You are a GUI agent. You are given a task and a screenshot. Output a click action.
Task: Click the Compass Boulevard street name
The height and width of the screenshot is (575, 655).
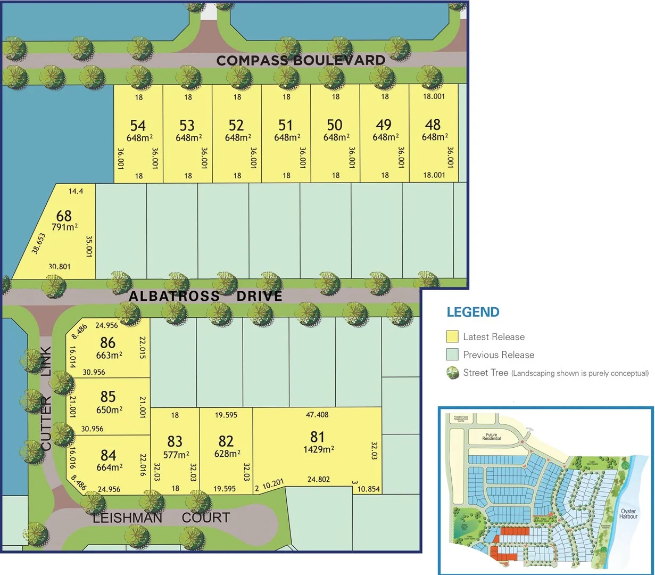pyautogui.click(x=301, y=60)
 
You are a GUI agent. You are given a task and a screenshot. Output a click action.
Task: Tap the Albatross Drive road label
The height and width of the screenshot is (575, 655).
pyautogui.click(x=205, y=296)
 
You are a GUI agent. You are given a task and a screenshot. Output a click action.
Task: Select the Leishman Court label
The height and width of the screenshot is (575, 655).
pyautogui.click(x=161, y=517)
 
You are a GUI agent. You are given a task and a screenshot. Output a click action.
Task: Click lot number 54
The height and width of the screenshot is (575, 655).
pyautogui.click(x=138, y=126)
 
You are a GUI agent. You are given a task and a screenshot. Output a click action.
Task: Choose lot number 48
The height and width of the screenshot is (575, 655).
pyautogui.click(x=433, y=125)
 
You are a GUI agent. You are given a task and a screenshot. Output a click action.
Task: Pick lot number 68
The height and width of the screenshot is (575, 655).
pyautogui.click(x=64, y=216)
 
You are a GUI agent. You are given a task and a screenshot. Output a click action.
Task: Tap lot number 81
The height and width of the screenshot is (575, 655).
pyautogui.click(x=317, y=437)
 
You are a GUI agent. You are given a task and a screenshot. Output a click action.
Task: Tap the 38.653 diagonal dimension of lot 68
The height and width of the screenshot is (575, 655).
pyautogui.click(x=38, y=243)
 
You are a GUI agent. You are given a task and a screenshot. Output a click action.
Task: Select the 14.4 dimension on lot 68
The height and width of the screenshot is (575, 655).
pyautogui.click(x=76, y=190)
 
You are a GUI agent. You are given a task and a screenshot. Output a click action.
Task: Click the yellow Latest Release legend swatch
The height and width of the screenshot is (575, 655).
pyautogui.click(x=452, y=336)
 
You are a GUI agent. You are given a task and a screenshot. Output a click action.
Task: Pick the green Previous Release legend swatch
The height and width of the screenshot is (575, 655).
pyautogui.click(x=452, y=355)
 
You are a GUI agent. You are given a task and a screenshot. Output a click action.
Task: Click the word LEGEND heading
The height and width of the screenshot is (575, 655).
pyautogui.click(x=473, y=312)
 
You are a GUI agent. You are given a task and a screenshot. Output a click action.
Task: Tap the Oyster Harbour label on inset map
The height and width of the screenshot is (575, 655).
pyautogui.click(x=628, y=514)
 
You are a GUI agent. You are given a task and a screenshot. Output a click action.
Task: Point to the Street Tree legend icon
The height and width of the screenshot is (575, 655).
pyautogui.click(x=452, y=373)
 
